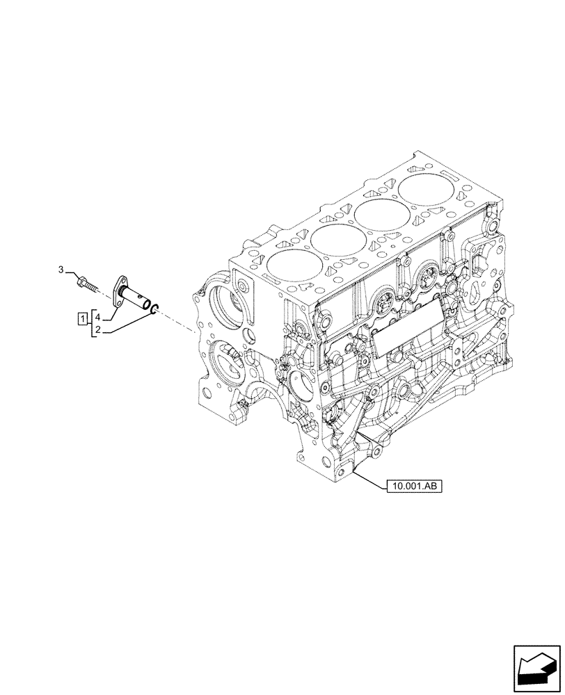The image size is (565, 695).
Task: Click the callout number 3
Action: [61, 269]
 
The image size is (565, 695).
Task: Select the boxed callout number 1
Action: [82, 319]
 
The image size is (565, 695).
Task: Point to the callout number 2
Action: [98, 329]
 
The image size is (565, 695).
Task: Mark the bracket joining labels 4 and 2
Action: [90, 325]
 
